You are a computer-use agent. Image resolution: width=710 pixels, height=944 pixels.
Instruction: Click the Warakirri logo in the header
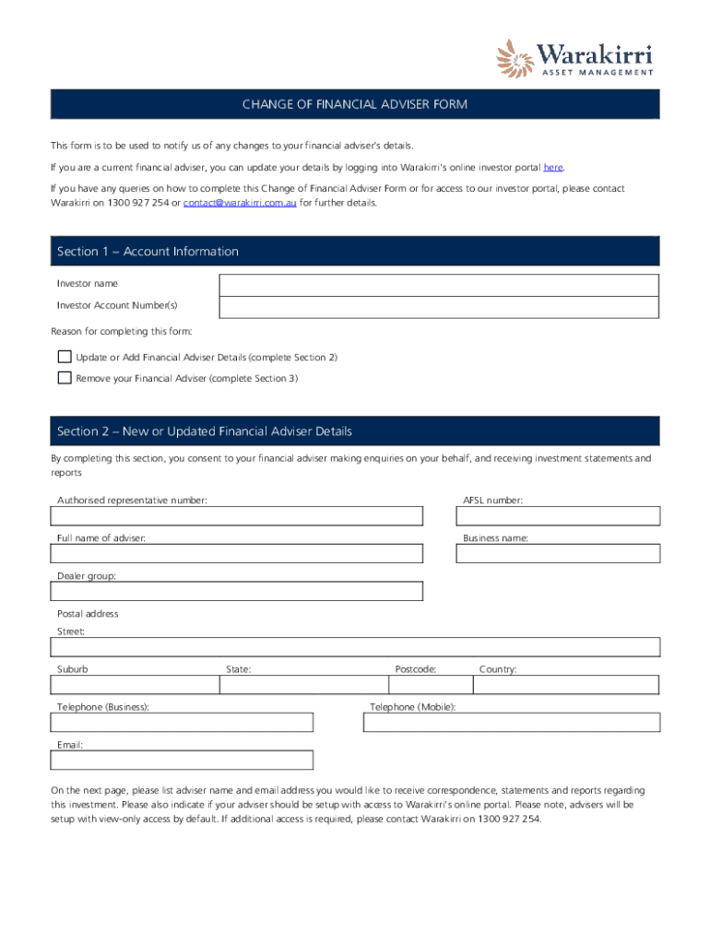tap(574, 57)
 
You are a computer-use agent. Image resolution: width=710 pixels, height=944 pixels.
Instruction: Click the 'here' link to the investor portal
tap(552, 168)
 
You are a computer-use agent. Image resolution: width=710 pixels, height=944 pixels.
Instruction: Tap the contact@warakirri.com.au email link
tap(240, 202)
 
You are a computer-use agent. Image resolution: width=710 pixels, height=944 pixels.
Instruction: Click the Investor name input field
tap(438, 285)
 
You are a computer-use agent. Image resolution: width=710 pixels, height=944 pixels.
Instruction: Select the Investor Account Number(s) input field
tap(438, 307)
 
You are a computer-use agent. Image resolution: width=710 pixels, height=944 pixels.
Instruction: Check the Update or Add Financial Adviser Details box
tap(65, 357)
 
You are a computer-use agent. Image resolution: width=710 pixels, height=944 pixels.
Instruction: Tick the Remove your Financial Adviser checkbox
tap(65, 378)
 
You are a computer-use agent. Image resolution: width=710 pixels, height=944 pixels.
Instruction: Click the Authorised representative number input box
tap(237, 515)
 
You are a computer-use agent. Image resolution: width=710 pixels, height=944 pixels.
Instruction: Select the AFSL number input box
tap(558, 515)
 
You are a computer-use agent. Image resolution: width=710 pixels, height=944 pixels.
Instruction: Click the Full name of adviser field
tap(237, 553)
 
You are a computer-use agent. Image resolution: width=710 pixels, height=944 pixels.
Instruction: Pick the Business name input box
tap(558, 553)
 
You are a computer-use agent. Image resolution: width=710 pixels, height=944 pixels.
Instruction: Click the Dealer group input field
tap(237, 591)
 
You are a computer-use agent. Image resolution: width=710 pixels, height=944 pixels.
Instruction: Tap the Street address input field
tap(355, 647)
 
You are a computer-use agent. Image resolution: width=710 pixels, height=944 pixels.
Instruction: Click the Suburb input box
tap(134, 685)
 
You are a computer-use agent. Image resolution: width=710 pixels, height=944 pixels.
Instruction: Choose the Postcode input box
tap(429, 685)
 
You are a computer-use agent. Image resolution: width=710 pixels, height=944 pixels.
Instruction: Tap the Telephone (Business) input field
tap(182, 722)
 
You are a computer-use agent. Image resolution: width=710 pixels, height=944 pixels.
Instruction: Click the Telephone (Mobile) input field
tap(512, 722)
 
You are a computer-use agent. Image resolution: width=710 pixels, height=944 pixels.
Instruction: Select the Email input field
tap(182, 760)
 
